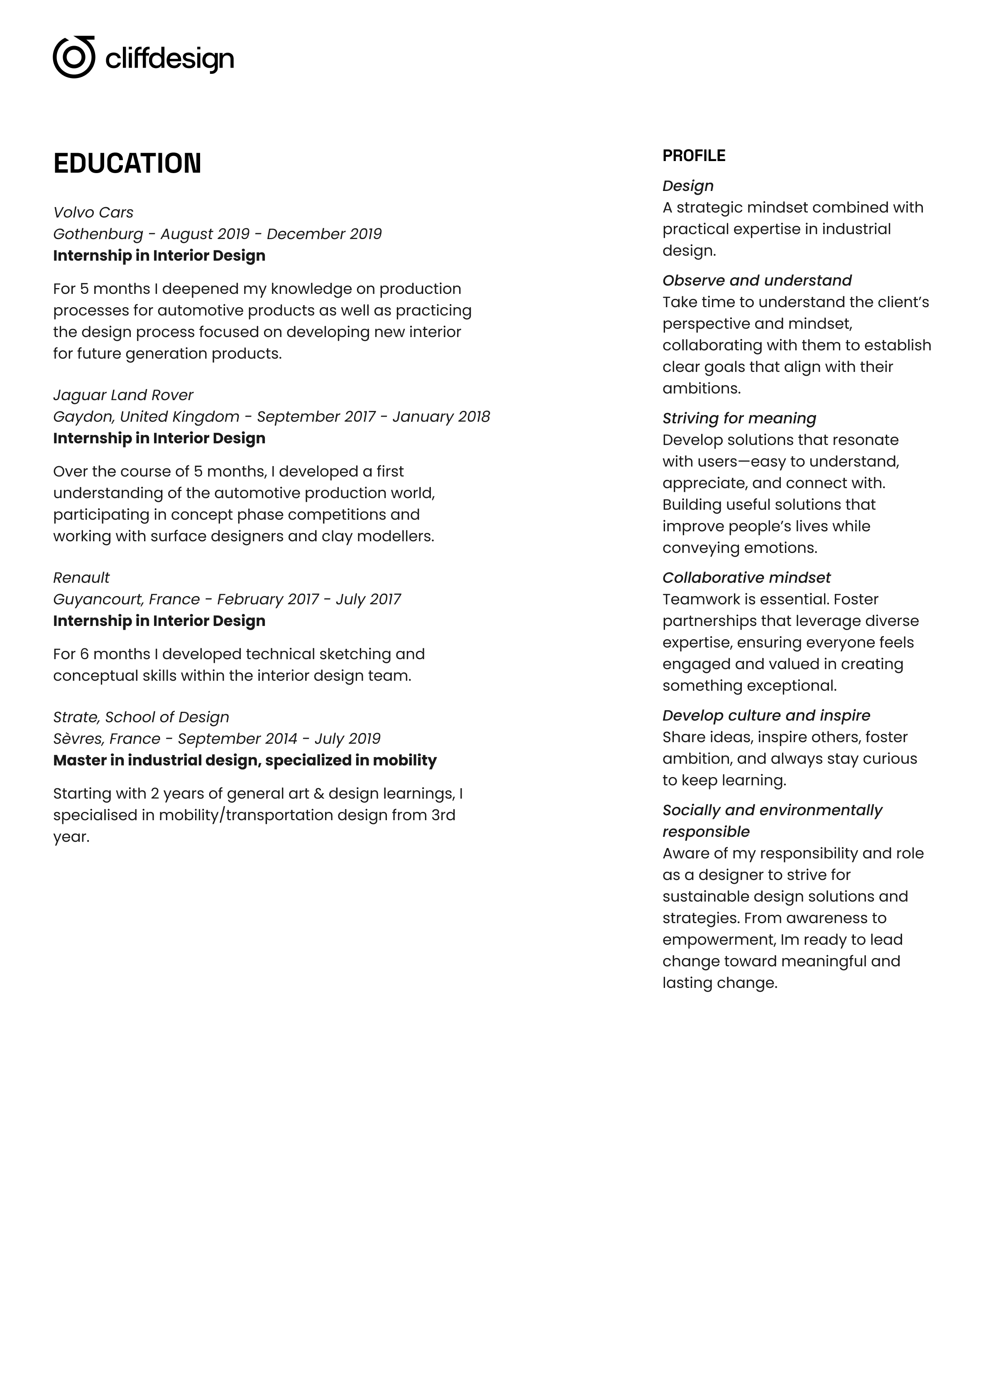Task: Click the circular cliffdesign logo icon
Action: (74, 57)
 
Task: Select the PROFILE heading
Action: (694, 156)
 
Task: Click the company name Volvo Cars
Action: (93, 213)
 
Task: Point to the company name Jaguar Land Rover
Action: (123, 395)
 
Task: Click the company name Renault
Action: (81, 578)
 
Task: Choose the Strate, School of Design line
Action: (141, 717)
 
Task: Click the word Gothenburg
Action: (98, 234)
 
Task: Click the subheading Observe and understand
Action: (756, 281)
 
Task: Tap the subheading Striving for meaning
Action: (739, 418)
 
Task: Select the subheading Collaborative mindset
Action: (746, 578)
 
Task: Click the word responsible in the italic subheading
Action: (706, 832)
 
